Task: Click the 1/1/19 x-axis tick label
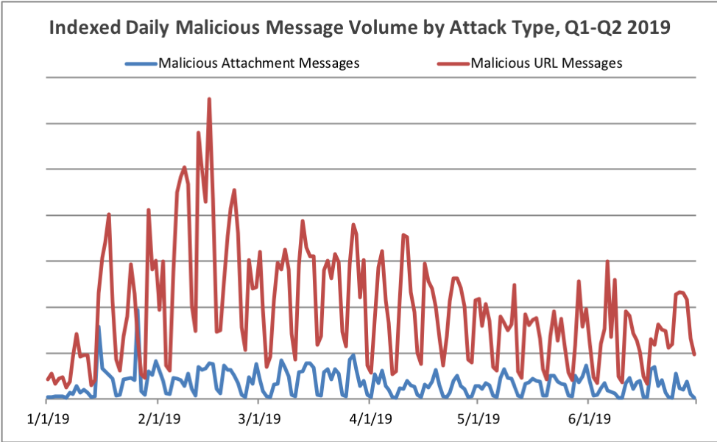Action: (x=48, y=418)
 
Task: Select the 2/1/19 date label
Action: (x=159, y=418)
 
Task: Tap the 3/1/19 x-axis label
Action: (x=259, y=418)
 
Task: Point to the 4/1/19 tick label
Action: (x=370, y=418)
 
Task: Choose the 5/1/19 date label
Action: (x=478, y=418)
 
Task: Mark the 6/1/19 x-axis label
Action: (x=590, y=418)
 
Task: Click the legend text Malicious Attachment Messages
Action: (x=259, y=63)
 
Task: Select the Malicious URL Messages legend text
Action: (x=546, y=63)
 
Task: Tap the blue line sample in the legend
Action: (x=142, y=63)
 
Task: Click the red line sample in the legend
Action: (x=454, y=63)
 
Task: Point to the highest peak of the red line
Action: (x=209, y=99)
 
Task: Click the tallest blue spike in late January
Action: (x=138, y=309)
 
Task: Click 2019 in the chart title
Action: (x=649, y=27)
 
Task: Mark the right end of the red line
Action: (x=695, y=354)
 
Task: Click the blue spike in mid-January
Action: (x=99, y=326)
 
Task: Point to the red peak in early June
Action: (x=607, y=262)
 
